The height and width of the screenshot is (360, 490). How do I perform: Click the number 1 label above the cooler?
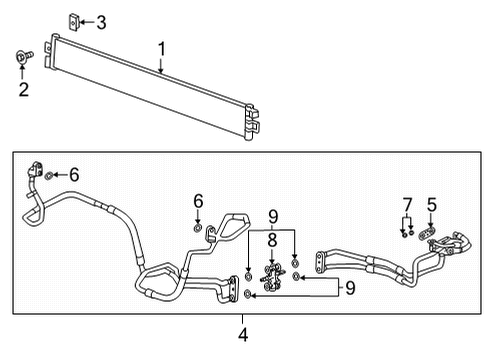[x=161, y=47]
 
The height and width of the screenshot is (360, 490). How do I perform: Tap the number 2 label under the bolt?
[x=23, y=90]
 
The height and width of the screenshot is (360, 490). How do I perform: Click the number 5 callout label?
[x=432, y=205]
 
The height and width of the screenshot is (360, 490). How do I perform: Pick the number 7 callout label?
[x=407, y=205]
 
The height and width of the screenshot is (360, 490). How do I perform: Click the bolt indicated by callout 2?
[x=23, y=57]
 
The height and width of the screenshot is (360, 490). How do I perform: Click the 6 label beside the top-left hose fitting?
[x=72, y=174]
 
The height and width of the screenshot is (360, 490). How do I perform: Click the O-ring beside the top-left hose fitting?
[x=50, y=175]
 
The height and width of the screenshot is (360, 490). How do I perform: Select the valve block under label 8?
[x=270, y=277]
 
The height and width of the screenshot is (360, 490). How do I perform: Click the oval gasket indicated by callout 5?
[x=429, y=237]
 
